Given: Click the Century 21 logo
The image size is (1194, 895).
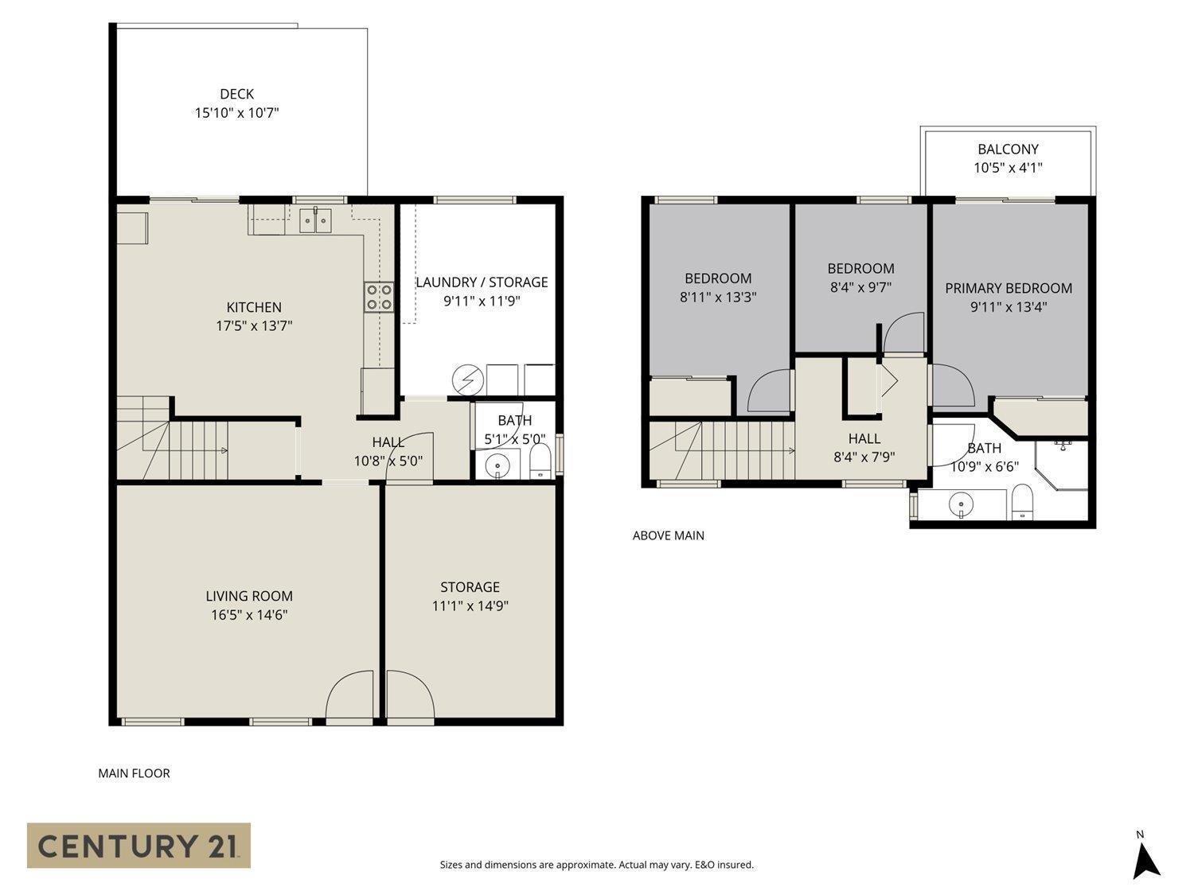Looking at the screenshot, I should click(139, 845).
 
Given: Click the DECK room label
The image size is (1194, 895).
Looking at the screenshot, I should click(236, 94).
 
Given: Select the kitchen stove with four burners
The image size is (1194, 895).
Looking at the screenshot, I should click(379, 297).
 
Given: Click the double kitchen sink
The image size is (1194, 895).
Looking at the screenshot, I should click(316, 220).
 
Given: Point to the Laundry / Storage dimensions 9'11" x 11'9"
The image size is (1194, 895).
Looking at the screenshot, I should click(482, 301).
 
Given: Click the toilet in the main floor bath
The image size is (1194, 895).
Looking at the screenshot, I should click(540, 462).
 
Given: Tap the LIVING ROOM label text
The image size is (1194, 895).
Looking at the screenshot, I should click(249, 596).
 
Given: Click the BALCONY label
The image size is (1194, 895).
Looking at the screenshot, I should click(1008, 149).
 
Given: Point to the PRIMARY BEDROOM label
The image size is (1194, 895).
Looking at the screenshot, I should click(1009, 288).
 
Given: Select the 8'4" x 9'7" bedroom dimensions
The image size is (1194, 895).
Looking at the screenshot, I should click(860, 287).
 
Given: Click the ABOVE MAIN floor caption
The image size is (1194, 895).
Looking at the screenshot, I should click(668, 535).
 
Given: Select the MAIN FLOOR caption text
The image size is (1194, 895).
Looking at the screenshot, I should click(134, 773).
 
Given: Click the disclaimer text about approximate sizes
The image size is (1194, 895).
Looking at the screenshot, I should click(596, 865).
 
